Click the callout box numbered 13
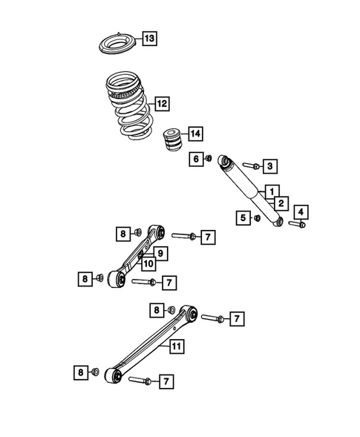[x=149, y=38]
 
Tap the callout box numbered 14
[x=194, y=134]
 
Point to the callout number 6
[x=196, y=159]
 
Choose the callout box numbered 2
[x=281, y=203]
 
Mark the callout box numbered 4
[x=301, y=211]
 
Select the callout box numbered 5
[x=243, y=217]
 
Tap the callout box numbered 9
[x=159, y=253]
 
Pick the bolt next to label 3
[x=250, y=165]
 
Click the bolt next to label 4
[x=296, y=223]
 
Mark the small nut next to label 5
[x=256, y=217]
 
